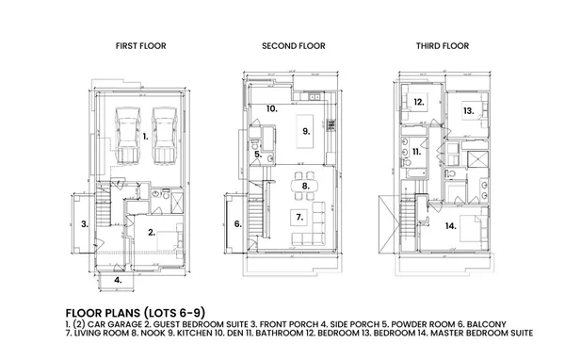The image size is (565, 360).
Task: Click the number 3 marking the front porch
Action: point(85,224)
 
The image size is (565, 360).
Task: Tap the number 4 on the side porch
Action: point(118,280)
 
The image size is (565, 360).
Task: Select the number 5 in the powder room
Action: point(256,155)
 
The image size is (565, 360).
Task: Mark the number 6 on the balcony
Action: point(237,224)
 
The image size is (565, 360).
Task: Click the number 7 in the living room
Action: point(300,217)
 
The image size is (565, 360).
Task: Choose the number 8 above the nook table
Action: point(305,187)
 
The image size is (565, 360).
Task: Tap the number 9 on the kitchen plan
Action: point(305,130)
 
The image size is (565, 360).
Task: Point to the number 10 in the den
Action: point(271,109)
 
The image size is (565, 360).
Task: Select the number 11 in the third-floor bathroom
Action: point(416,151)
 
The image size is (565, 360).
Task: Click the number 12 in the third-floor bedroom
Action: point(417,101)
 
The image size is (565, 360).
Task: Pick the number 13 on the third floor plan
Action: point(468,111)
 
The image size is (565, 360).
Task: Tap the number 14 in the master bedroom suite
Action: point(450,226)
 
